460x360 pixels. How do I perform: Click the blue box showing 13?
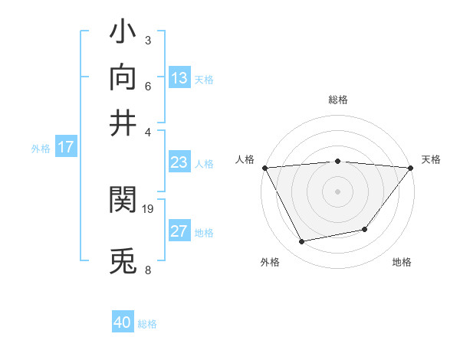point(179,77)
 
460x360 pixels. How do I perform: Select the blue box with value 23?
point(179,162)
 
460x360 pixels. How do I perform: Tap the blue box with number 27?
point(179,231)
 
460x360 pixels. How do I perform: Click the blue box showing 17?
point(66,147)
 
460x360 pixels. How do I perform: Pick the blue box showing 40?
point(123,322)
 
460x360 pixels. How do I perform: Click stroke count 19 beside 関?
point(149,208)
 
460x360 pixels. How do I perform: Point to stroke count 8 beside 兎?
point(147,270)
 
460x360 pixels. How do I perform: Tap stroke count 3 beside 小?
point(147,40)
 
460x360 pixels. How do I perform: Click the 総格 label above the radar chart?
point(337,100)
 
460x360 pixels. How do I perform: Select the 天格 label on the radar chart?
point(431,159)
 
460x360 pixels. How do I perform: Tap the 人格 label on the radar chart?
point(245,159)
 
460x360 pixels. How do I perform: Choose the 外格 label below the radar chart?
point(270,263)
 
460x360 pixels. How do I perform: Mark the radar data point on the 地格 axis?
point(365,229)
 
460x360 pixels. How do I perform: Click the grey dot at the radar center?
point(337,191)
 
